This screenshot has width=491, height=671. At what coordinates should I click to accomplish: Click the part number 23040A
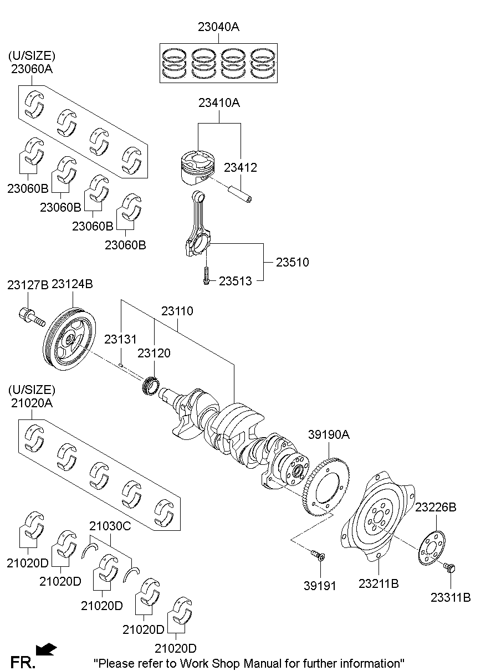218,26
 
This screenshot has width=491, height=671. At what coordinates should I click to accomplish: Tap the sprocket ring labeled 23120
151,385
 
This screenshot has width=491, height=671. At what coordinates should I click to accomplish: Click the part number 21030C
110,526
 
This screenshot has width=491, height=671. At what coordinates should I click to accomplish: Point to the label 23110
177,311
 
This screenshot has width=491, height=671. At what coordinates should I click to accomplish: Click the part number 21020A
32,404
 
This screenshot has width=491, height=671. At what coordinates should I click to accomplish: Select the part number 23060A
32,69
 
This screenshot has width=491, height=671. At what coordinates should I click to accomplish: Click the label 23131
121,339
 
